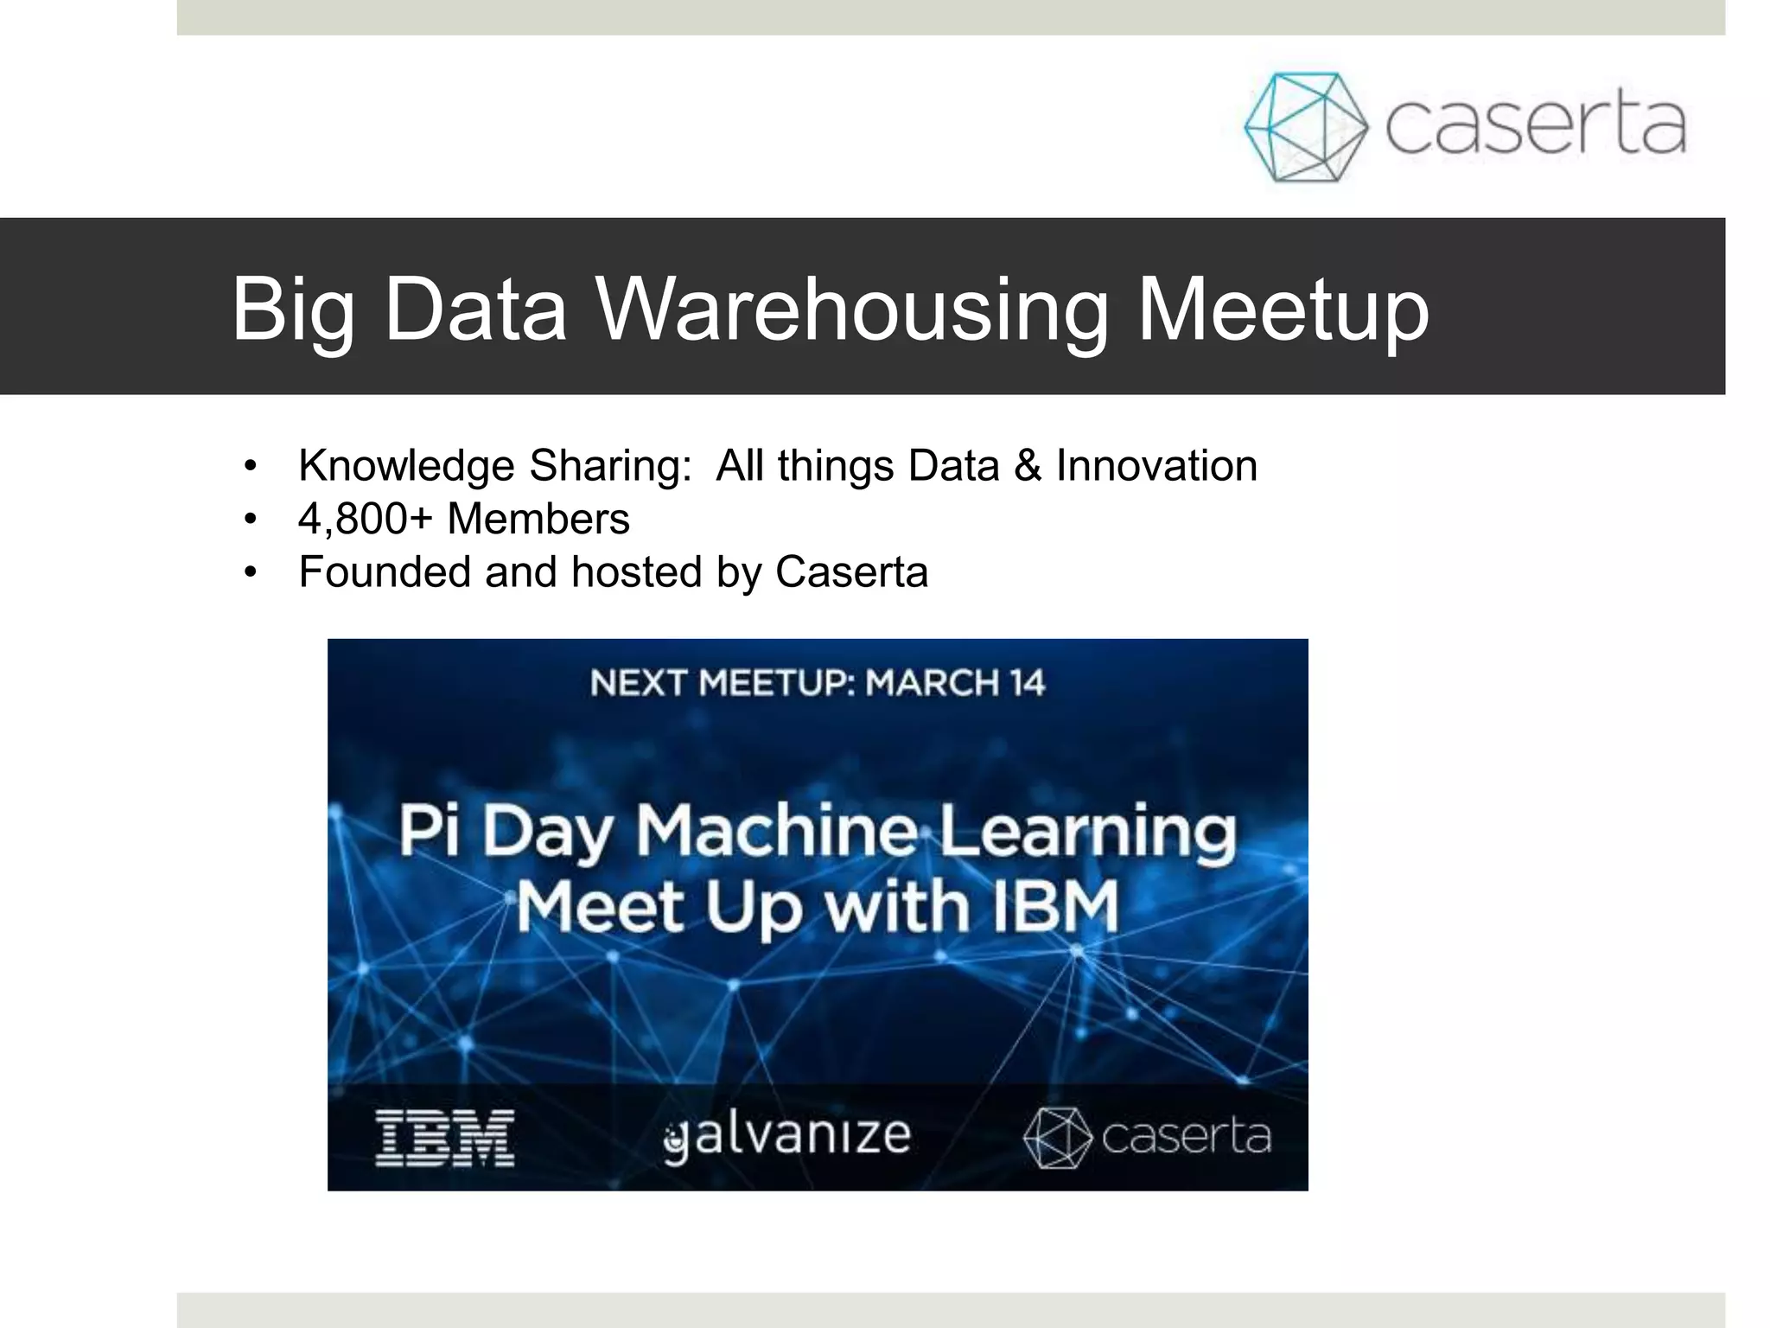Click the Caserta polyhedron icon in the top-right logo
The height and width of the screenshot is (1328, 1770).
[x=1305, y=126]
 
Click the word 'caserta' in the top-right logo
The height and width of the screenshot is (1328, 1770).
[x=1536, y=126]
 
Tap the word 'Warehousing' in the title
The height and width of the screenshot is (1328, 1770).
[x=851, y=309]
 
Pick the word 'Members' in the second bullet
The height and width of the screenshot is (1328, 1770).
[x=538, y=519]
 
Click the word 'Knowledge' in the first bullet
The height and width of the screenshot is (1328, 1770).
[x=406, y=467]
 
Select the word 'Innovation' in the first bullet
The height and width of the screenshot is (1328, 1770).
[x=1156, y=466]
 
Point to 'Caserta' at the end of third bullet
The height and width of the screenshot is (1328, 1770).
[x=851, y=571]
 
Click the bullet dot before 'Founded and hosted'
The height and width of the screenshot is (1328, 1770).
[x=251, y=572]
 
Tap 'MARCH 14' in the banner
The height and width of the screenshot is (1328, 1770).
[x=955, y=683]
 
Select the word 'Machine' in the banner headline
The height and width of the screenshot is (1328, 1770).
[x=776, y=830]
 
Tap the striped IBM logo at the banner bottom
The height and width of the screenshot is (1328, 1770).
[x=445, y=1138]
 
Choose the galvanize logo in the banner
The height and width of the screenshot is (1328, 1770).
[x=787, y=1136]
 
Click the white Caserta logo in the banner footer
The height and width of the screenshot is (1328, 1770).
[x=1147, y=1137]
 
